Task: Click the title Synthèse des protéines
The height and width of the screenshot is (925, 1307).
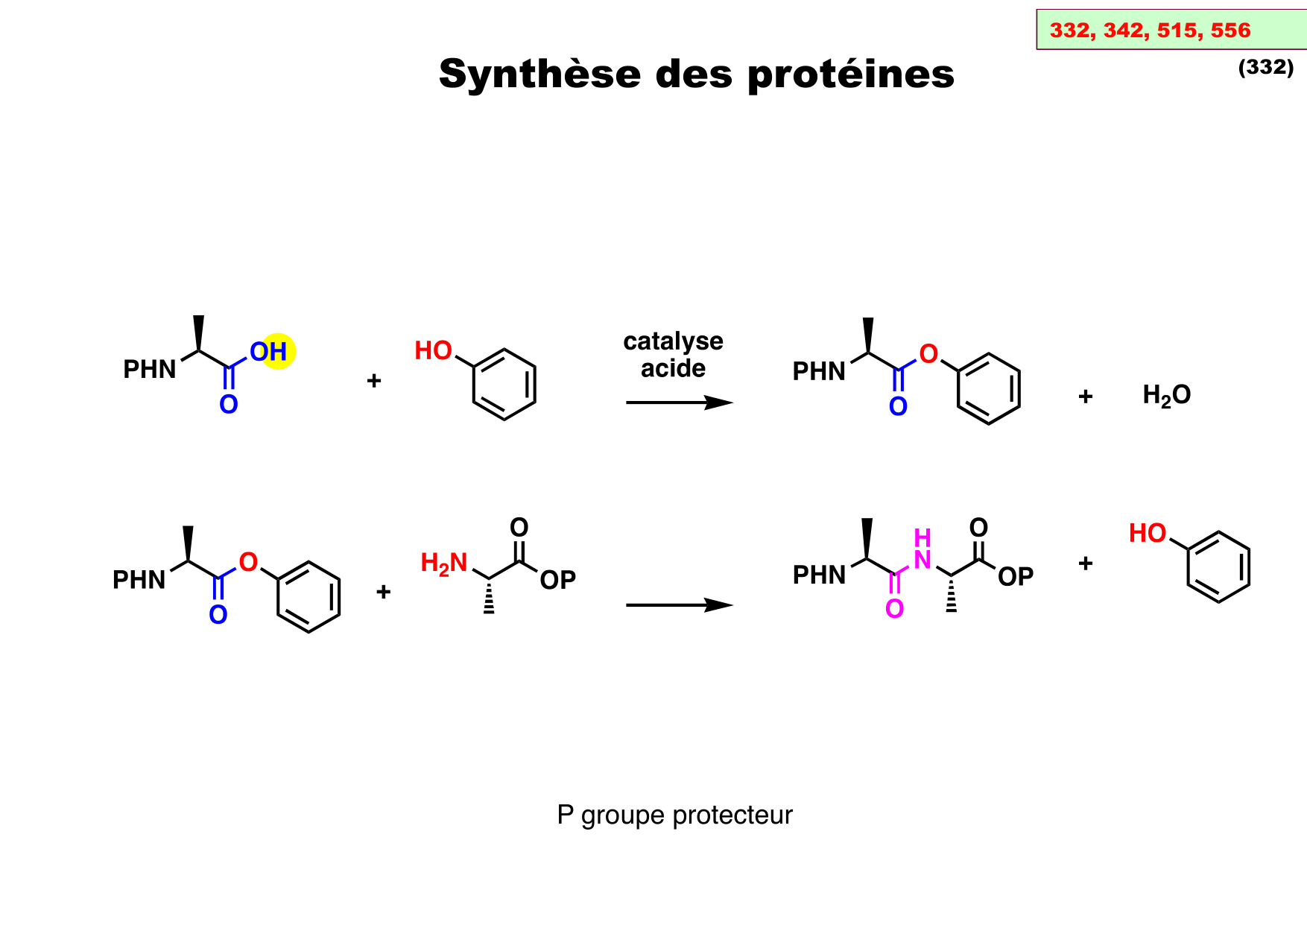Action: point(696,75)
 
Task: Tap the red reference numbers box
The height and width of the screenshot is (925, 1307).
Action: point(1170,31)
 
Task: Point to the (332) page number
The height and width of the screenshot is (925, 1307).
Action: point(1265,67)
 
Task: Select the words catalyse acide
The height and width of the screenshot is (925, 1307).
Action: point(673,355)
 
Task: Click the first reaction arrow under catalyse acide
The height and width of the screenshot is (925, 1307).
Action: point(679,403)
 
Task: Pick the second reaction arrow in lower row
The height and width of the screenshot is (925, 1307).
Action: point(679,605)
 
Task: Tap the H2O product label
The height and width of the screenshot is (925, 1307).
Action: point(1166,395)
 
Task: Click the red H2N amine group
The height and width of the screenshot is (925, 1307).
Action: point(443,563)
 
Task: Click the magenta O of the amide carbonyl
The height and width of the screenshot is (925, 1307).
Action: point(894,609)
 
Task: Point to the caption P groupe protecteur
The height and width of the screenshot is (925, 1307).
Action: point(674,815)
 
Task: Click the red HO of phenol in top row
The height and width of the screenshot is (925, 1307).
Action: point(433,350)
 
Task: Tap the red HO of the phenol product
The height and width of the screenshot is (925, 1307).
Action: point(1147,534)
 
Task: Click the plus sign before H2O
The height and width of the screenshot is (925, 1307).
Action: point(1085,396)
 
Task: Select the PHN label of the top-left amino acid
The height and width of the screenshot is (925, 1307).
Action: point(150,370)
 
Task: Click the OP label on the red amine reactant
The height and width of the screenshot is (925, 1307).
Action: point(557,580)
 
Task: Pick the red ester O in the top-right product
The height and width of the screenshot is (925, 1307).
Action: point(928,354)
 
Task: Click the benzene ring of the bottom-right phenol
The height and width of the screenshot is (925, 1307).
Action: point(1218,567)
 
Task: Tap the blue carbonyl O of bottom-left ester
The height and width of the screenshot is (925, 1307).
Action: point(218,615)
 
